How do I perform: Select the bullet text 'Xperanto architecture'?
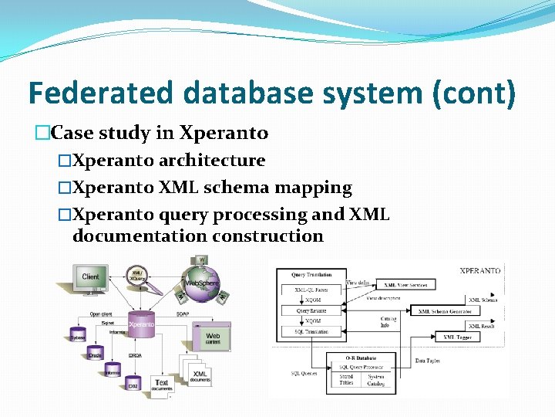click(168, 161)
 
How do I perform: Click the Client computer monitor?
click(90, 276)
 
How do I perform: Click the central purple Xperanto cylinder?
click(140, 325)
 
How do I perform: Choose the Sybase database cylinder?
click(78, 334)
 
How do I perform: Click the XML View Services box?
click(405, 285)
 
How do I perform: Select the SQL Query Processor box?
click(361, 367)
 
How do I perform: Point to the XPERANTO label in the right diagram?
click(479, 271)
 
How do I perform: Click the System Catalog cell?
click(376, 380)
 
